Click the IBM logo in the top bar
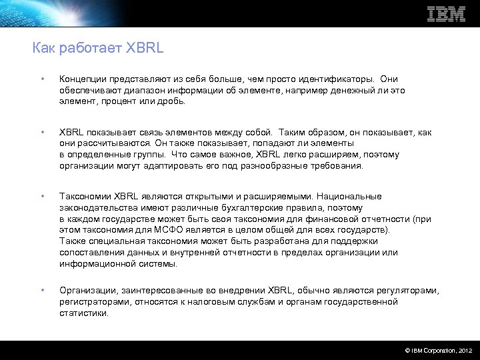pyautogui.click(x=445, y=13)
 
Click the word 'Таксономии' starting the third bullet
pyautogui.click(x=85, y=197)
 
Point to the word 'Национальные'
pyautogui.click(x=349, y=197)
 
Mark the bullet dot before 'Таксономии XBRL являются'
pyautogui.click(x=42, y=197)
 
